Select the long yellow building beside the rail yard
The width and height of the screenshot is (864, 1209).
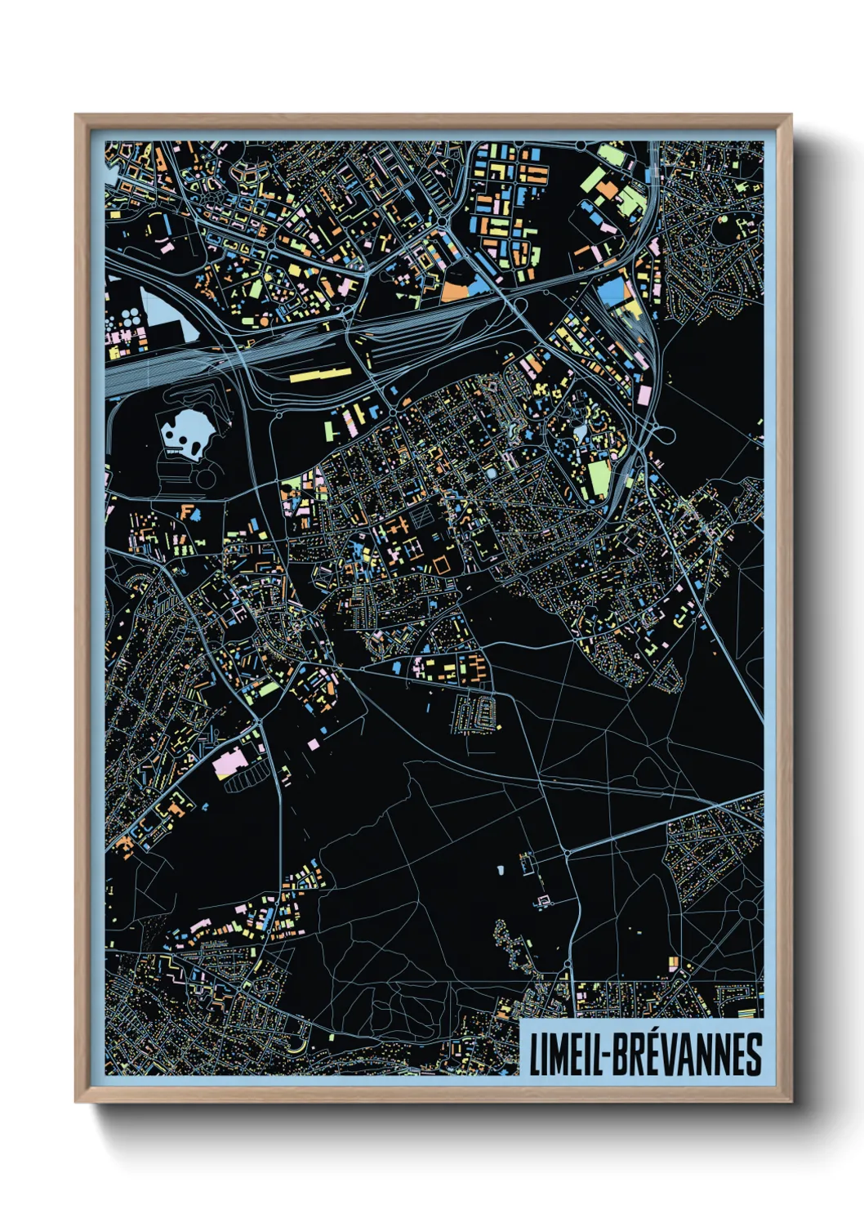[x=320, y=375]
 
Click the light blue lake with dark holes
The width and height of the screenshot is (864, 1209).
[x=187, y=431]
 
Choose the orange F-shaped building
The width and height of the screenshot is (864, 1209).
[x=189, y=513]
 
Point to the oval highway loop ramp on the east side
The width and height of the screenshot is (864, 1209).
[x=663, y=436]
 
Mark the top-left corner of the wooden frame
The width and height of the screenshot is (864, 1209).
[x=77, y=116]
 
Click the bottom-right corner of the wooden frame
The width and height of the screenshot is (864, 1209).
[x=791, y=1102]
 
